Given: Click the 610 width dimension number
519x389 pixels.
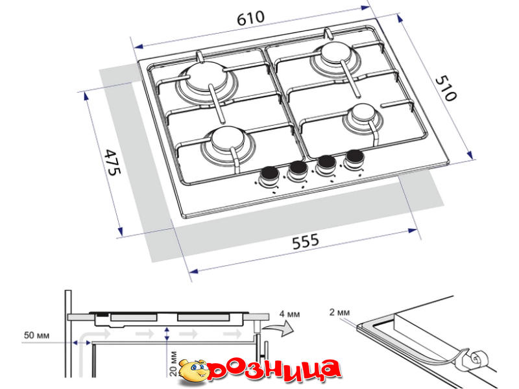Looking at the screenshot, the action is pyautogui.click(x=250, y=18).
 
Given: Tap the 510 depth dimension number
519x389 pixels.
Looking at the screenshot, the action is pyautogui.click(x=446, y=88).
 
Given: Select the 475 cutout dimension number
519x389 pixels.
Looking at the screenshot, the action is pyautogui.click(x=112, y=163).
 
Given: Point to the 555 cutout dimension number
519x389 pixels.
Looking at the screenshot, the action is pyautogui.click(x=306, y=241).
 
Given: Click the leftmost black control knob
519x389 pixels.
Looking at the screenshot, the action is pyautogui.click(x=269, y=174).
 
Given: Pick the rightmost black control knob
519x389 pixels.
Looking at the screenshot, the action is pyautogui.click(x=354, y=158).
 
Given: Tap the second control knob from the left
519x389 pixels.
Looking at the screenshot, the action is pyautogui.click(x=297, y=170).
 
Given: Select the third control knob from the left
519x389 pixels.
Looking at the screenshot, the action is pyautogui.click(x=326, y=163).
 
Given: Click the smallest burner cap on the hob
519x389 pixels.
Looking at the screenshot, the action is pyautogui.click(x=363, y=113).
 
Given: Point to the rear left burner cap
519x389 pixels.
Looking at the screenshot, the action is pyautogui.click(x=207, y=77).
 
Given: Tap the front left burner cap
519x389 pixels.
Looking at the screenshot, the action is pyautogui.click(x=228, y=139).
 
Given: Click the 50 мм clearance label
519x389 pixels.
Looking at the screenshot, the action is pyautogui.click(x=36, y=335).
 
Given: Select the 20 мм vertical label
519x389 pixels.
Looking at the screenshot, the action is pyautogui.click(x=173, y=364).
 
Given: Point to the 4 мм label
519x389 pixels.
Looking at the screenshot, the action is pyautogui.click(x=289, y=314).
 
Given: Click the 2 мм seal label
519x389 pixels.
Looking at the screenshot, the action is pyautogui.click(x=339, y=312).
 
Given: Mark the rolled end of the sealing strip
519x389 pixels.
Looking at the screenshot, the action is pyautogui.click(x=477, y=359).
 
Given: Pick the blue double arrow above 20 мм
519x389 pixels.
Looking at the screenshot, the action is pyautogui.click(x=167, y=334).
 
